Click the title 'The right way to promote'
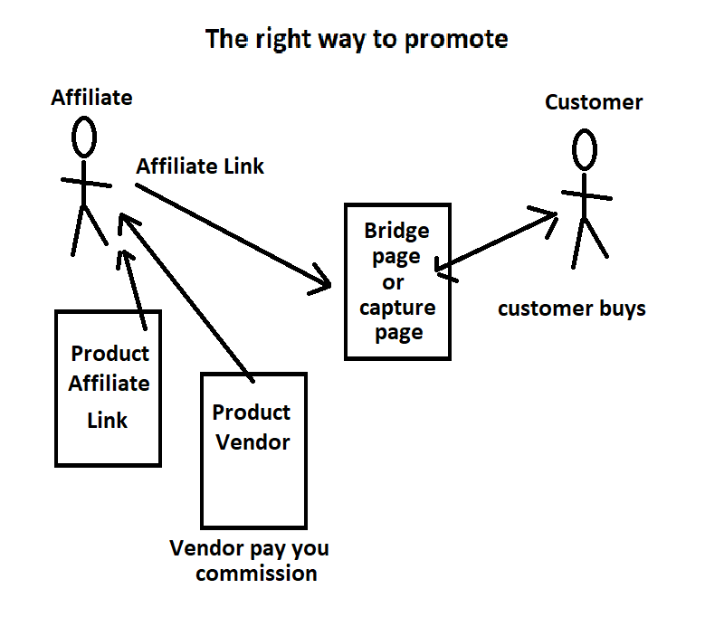click(x=356, y=40)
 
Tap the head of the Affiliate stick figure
click(x=84, y=137)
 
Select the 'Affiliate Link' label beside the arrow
click(x=200, y=166)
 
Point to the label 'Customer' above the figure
click(x=594, y=102)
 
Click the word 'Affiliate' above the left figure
click(x=91, y=97)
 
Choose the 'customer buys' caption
click(x=572, y=309)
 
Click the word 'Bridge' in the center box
click(x=396, y=231)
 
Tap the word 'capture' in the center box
click(x=397, y=308)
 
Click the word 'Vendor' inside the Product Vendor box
click(x=252, y=442)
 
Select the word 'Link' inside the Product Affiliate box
click(x=108, y=421)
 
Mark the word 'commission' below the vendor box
click(x=257, y=574)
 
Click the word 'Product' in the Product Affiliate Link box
click(x=110, y=353)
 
